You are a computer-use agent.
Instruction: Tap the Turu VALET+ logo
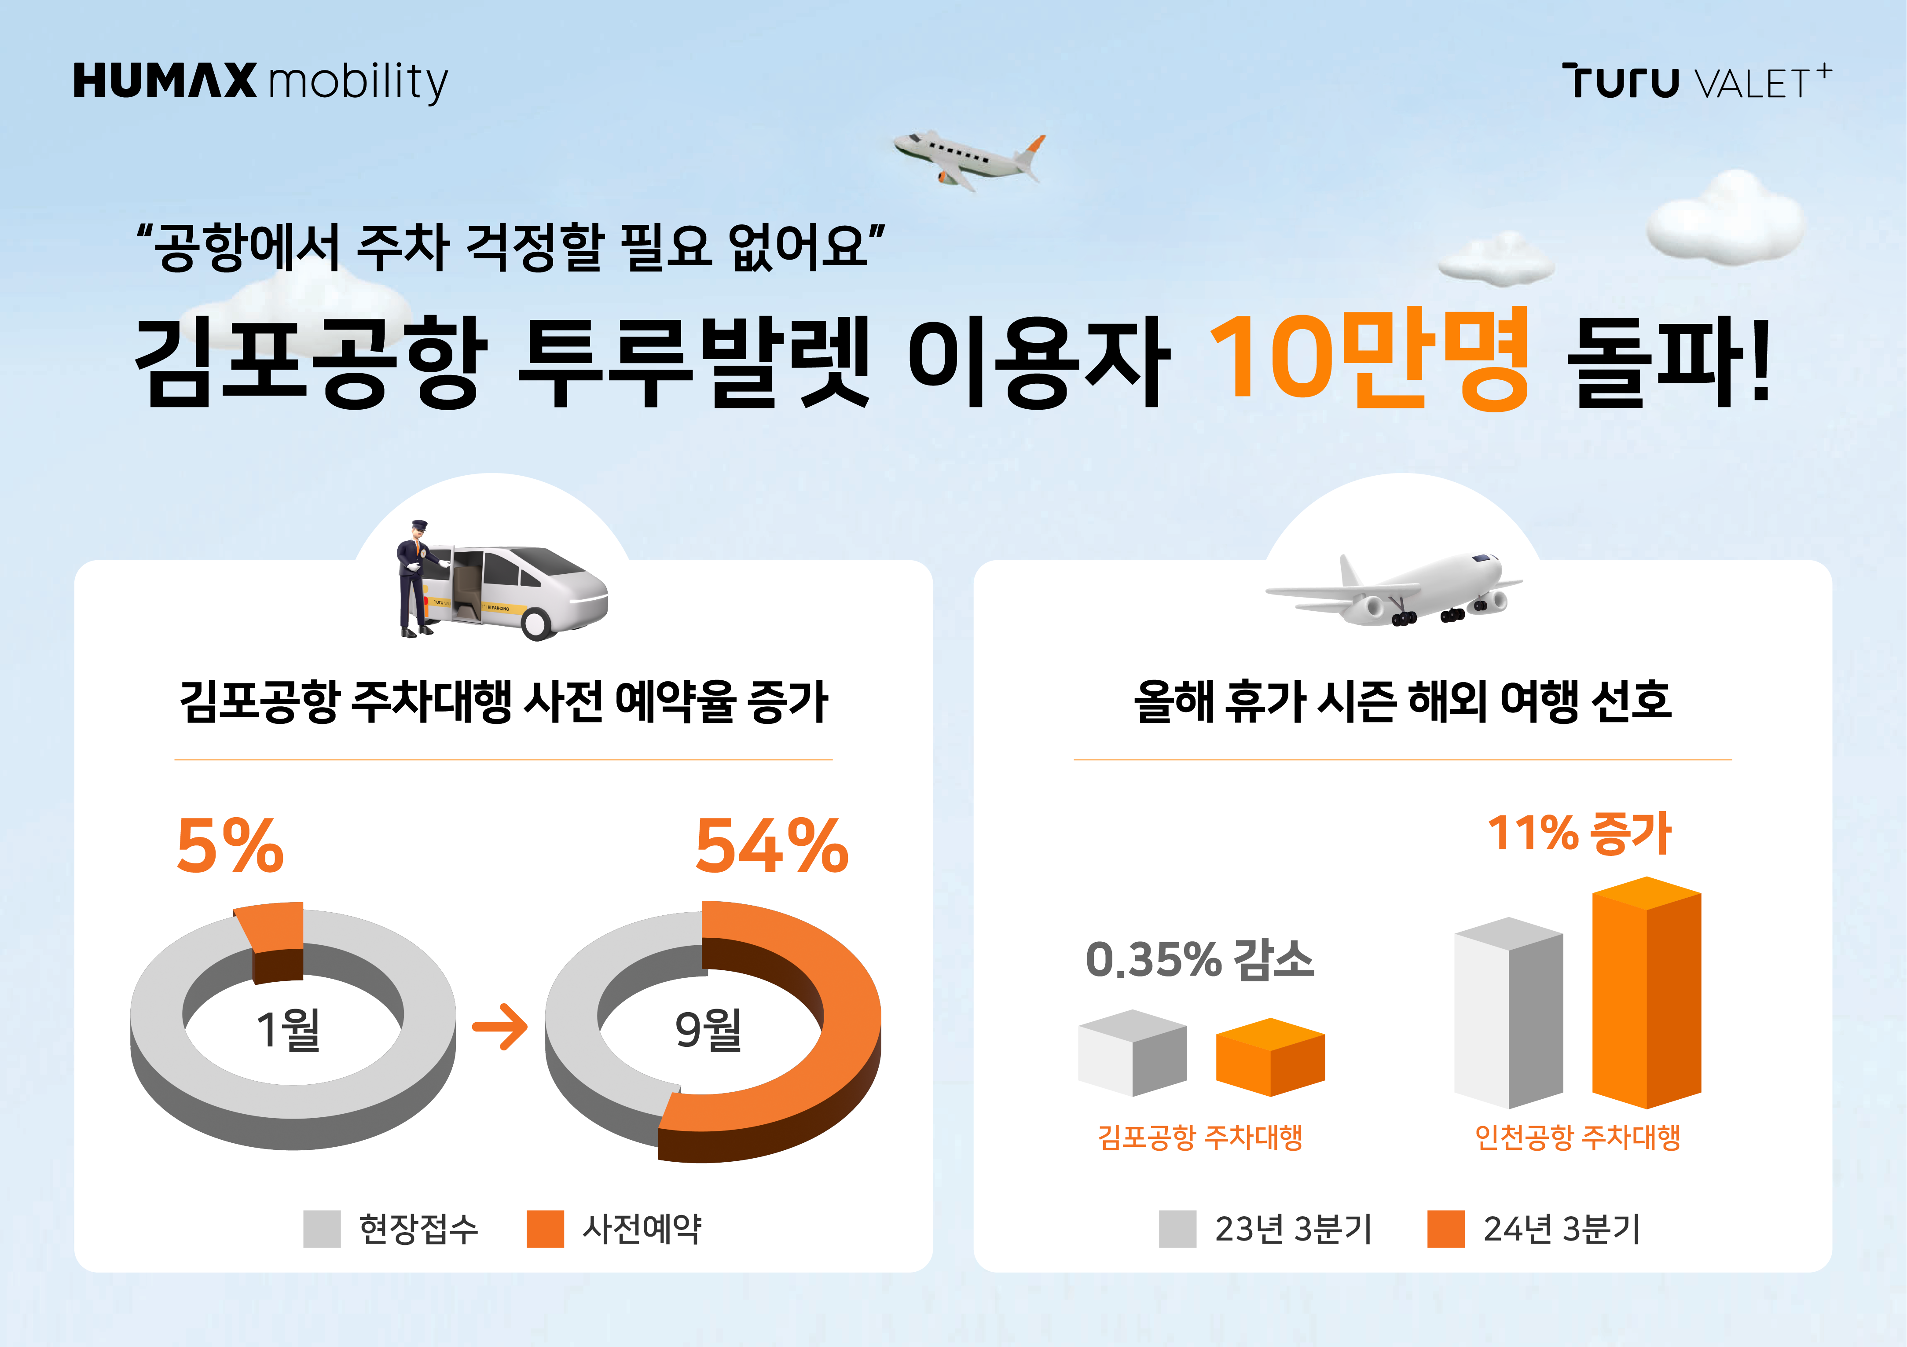[x=1696, y=81]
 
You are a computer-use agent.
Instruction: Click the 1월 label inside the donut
[x=288, y=1030]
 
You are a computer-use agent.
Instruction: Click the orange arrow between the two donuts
[x=500, y=1027]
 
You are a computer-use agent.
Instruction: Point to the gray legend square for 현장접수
[x=322, y=1228]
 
